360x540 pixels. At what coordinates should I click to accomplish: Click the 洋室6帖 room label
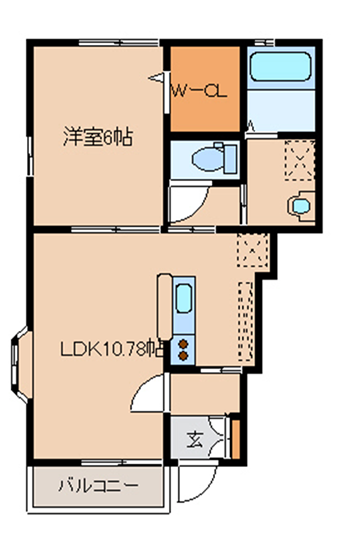coord(98,137)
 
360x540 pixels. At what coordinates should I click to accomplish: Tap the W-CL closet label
coord(199,91)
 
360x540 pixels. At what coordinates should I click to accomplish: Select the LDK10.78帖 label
coord(112,349)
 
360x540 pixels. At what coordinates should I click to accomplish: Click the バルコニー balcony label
coord(98,486)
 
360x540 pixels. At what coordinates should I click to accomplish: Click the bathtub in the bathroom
coord(280,66)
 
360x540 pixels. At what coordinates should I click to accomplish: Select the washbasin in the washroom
coord(301,206)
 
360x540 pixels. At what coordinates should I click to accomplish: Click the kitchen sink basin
coord(184,299)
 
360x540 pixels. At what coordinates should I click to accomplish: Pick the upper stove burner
coord(184,344)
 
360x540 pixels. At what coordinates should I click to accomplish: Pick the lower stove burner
coord(184,356)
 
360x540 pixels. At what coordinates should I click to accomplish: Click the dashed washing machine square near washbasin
coord(300,160)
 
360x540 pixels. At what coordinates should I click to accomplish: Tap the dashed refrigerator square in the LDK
coord(253,250)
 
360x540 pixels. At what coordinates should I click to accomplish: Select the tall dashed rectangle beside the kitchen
coord(246,321)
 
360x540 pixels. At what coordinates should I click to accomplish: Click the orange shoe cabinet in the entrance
coord(236,439)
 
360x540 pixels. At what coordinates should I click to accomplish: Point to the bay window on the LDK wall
coord(21,365)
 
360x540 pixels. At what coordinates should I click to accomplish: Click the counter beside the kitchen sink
coord(164,307)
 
